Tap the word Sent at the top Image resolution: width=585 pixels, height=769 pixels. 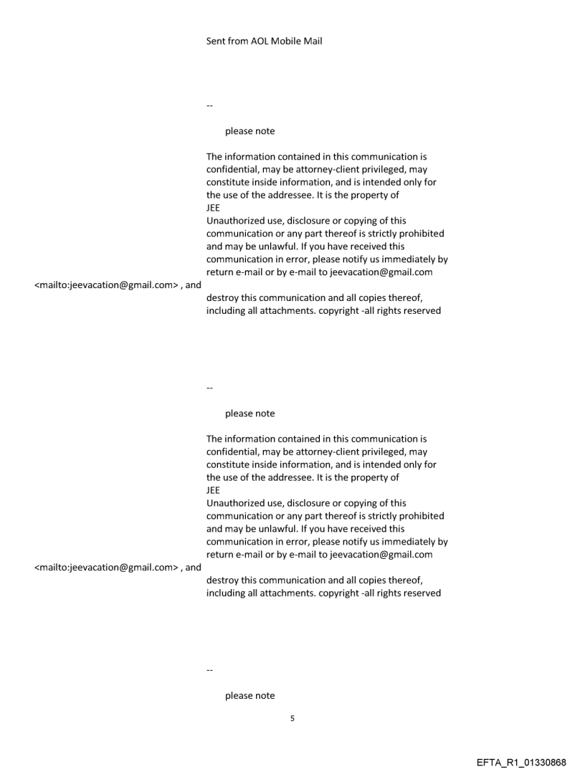click(217, 41)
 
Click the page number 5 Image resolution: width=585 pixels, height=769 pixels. click(292, 717)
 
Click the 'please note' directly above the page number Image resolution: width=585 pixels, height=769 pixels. click(249, 695)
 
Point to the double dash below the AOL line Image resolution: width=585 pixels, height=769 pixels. click(209, 105)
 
